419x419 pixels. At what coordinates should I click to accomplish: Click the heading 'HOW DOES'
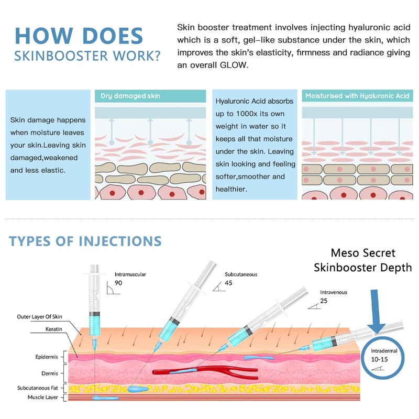79,36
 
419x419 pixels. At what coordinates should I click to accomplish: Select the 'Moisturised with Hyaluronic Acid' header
357,96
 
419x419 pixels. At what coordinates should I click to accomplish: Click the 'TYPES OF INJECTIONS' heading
85,241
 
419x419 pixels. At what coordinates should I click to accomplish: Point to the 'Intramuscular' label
130,274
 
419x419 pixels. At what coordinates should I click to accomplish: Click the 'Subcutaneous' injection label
241,274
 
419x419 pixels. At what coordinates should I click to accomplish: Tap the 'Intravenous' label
334,292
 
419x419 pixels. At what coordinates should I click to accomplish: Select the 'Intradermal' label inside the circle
384,351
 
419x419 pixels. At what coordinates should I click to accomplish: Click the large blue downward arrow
376,311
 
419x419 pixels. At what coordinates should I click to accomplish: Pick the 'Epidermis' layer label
47,357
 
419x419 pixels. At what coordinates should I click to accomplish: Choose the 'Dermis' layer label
50,373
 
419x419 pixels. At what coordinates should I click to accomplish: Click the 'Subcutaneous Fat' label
37,388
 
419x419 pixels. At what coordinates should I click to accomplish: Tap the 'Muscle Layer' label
43,398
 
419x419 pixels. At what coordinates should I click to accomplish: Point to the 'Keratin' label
54,329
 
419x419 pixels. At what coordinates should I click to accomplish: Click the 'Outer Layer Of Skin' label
40,317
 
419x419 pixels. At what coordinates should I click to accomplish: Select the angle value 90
118,283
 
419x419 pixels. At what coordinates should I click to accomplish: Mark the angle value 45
228,283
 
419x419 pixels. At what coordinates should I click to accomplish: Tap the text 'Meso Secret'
363,253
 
